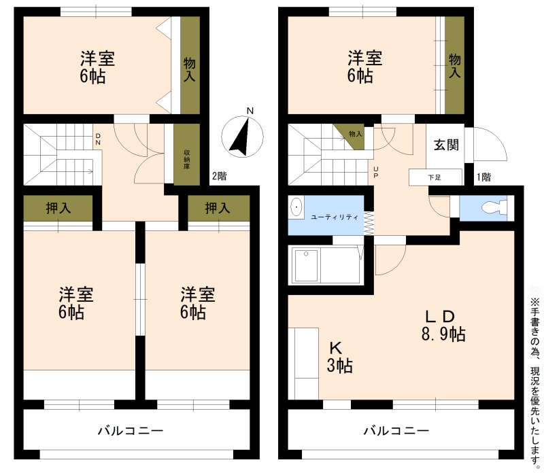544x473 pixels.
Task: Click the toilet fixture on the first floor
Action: [494, 208]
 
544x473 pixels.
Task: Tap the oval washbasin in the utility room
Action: [296, 207]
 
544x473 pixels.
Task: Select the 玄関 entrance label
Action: [447, 145]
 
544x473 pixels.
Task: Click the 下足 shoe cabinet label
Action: [435, 177]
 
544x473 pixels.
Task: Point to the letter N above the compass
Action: [250, 111]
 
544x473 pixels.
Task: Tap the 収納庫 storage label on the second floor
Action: [186, 159]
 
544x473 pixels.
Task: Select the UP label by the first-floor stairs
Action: [376, 173]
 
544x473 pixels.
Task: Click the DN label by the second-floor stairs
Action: [98, 139]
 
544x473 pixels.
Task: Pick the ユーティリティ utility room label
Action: [335, 217]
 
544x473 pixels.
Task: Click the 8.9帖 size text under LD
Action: [443, 334]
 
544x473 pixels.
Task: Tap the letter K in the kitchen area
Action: [335, 347]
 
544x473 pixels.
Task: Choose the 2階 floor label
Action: [219, 176]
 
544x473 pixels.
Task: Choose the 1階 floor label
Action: [483, 177]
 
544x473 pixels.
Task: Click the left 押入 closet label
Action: [58, 208]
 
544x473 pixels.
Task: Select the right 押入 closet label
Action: [218, 208]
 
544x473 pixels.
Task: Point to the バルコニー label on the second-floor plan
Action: [131, 431]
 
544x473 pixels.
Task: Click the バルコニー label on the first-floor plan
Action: [396, 431]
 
